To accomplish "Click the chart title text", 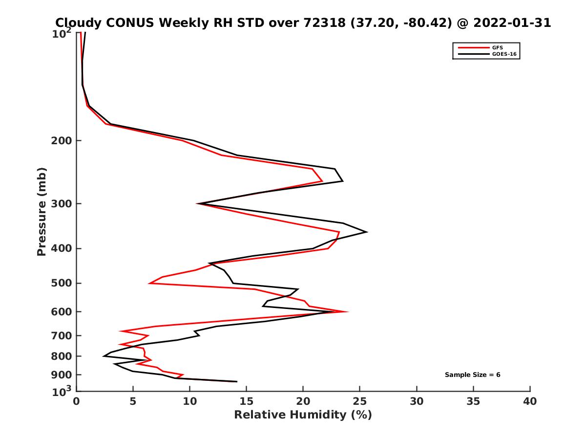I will pos(303,22).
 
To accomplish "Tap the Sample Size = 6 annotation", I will pos(472,375).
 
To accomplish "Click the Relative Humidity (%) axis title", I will pos(303,415).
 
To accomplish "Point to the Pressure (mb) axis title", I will pos(42,212).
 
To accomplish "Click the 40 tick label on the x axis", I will pos(530,402).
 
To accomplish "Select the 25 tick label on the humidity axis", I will pos(360,402).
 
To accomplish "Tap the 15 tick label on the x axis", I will pos(247,402).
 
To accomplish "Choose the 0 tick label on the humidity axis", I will pos(77,402).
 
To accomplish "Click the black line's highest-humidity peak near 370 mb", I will pos(367,232).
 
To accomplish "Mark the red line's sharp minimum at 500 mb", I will pos(149,283).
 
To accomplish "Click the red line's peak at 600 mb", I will pos(348,311).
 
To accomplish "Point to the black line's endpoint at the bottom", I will pos(237,381).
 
